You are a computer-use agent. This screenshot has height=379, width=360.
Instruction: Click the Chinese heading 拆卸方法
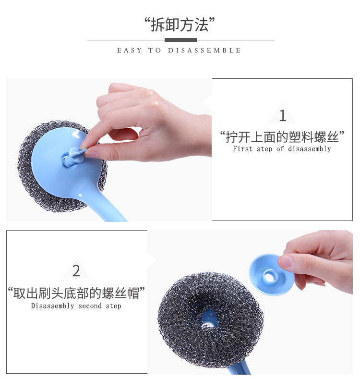(x=180, y=24)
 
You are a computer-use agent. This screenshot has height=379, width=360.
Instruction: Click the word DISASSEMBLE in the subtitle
(x=204, y=50)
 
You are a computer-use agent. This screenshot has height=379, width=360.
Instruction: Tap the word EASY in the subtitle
(x=129, y=50)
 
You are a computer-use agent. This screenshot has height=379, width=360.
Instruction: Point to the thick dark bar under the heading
(x=180, y=40)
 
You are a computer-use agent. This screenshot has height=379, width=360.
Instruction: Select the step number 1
(x=282, y=116)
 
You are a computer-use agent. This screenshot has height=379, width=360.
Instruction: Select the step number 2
(x=76, y=271)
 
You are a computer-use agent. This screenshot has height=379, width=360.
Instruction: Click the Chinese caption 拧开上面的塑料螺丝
(x=282, y=137)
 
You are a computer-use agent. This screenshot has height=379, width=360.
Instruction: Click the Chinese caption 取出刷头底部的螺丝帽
(x=76, y=293)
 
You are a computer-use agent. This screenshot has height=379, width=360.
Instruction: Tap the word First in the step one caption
(x=242, y=148)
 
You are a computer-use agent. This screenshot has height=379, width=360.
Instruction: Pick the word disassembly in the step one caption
(x=309, y=149)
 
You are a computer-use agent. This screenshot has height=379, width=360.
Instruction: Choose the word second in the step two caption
(x=90, y=306)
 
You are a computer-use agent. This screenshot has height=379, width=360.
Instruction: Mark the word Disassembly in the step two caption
(x=52, y=306)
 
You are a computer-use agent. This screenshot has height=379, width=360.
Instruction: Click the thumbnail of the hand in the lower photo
(x=285, y=261)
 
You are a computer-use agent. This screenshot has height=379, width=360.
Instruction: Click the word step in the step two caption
(x=114, y=306)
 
